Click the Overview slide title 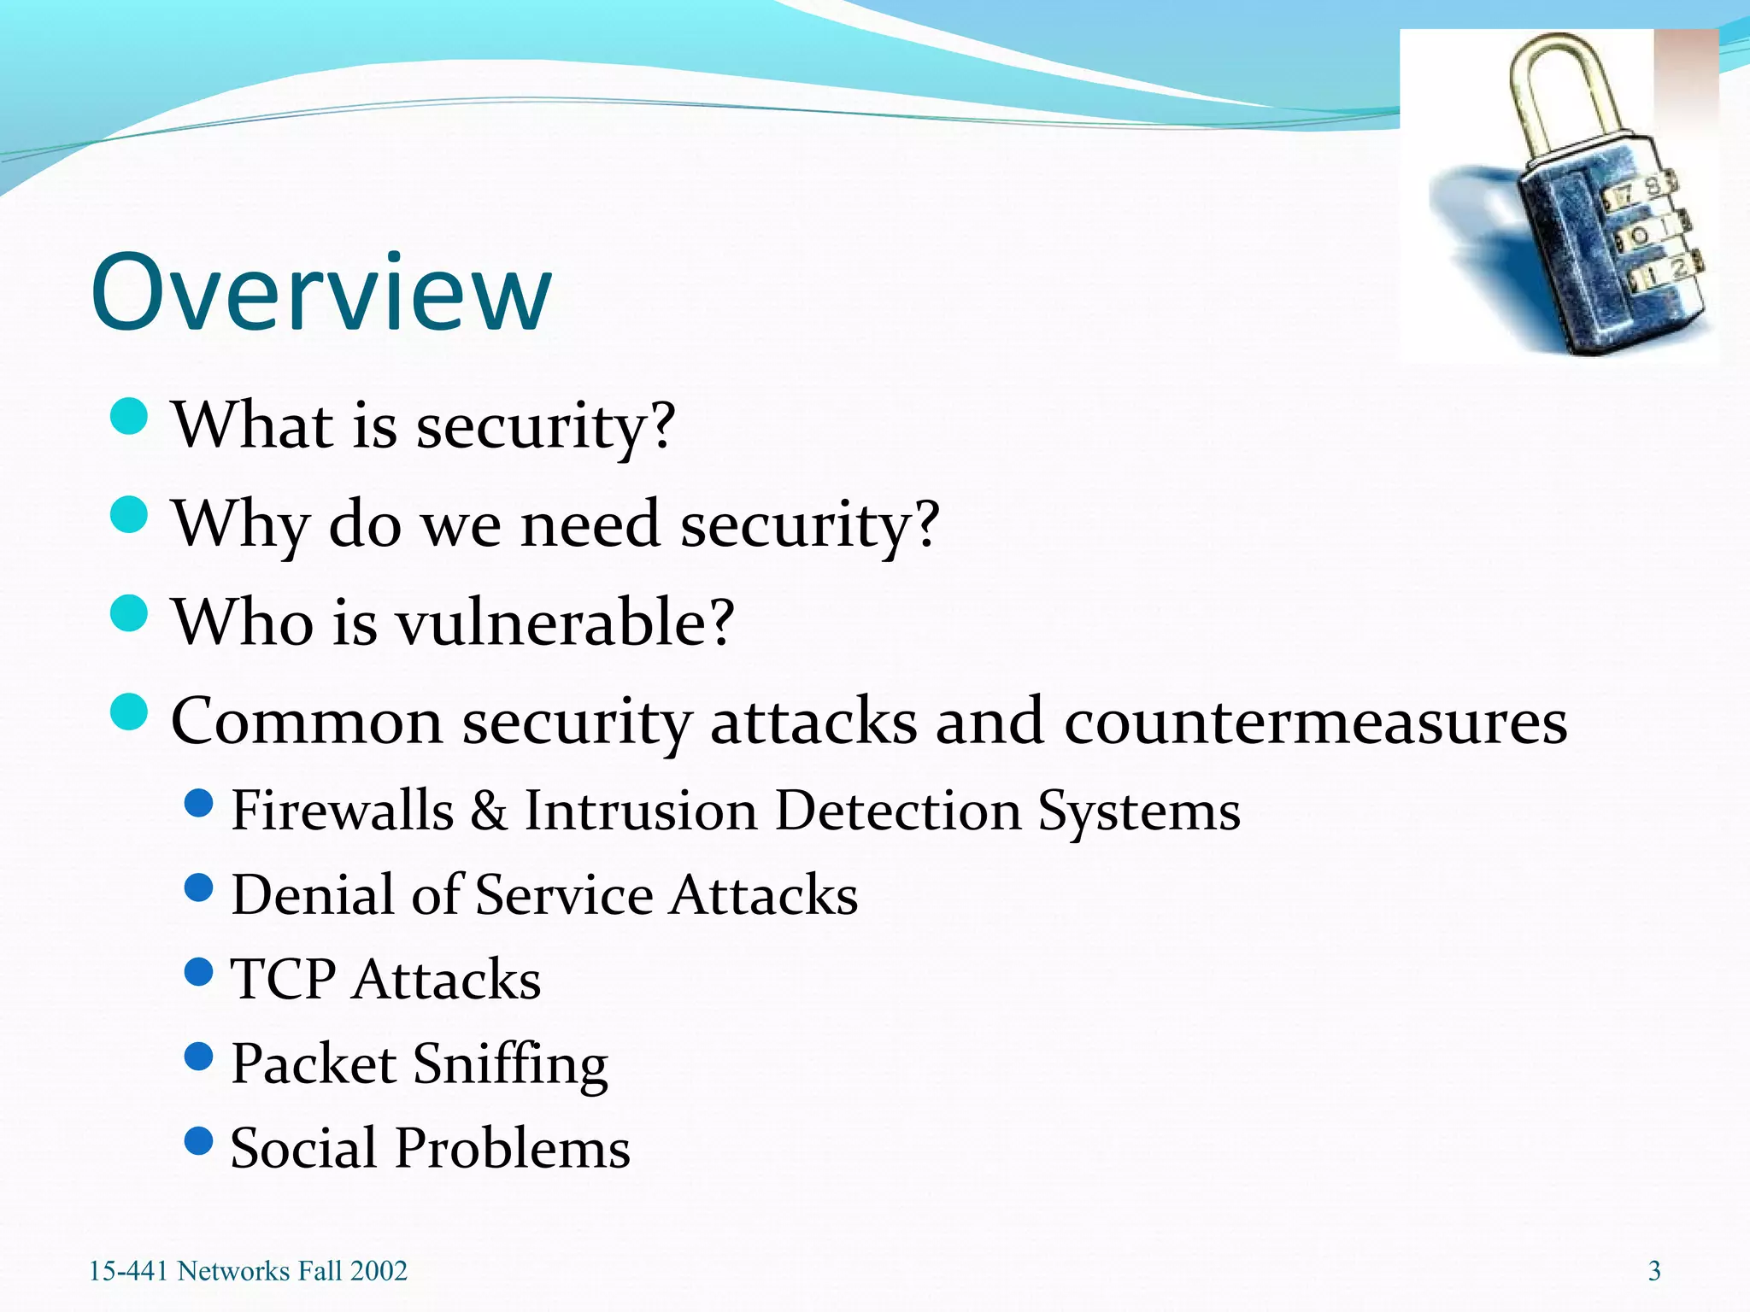[320, 292]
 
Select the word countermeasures [1315, 722]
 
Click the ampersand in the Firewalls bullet [488, 811]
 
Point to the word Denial [311, 895]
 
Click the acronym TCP [283, 979]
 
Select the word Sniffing [510, 1065]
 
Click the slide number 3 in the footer [1654, 1271]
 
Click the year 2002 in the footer [378, 1271]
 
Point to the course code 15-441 [128, 1271]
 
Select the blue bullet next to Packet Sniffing [198, 1057]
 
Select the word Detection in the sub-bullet [897, 811]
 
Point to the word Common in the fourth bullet [307, 722]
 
